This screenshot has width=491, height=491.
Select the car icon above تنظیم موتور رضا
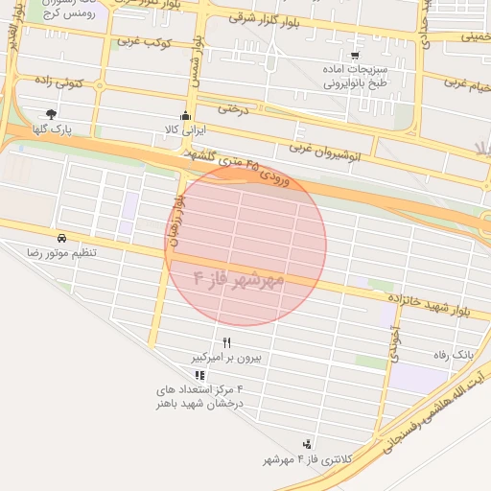coord(61,237)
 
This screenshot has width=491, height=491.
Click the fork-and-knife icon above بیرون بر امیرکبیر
coord(227,342)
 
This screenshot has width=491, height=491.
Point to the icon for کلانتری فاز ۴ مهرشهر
coord(308,444)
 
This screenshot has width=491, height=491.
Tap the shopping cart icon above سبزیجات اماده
coord(355,54)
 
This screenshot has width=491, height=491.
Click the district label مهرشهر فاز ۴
coord(239,279)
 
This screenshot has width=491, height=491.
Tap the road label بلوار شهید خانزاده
coord(435,306)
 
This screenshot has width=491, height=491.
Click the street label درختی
coord(232,108)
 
